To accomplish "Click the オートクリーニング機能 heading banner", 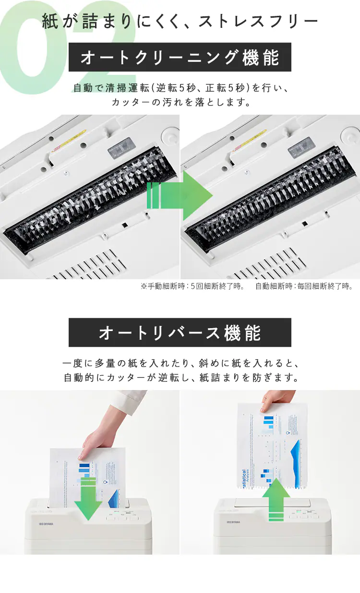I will (180, 58).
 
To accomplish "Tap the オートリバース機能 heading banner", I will (180, 332).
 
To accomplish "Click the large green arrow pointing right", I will (180, 195).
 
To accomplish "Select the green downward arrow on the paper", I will (88, 499).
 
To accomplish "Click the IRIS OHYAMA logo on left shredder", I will (46, 523).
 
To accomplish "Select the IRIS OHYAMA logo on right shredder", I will (233, 522).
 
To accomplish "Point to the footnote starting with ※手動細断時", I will (192, 286).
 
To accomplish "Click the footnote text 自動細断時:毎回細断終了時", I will (304, 286).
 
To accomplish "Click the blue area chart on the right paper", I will (293, 453).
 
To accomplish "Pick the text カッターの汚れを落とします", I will (180, 102).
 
